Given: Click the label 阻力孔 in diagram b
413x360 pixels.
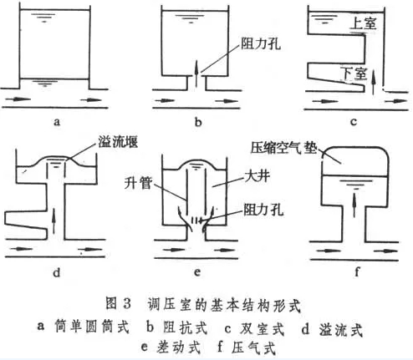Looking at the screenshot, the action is pyautogui.click(x=261, y=43).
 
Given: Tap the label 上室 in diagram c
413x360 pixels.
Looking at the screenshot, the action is pyautogui.click(x=364, y=23).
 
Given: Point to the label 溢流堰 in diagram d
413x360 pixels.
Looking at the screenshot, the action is pyautogui.click(x=118, y=142).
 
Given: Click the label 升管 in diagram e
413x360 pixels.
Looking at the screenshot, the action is pyautogui.click(x=139, y=183).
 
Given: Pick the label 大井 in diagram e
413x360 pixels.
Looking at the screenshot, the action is pyautogui.click(x=257, y=176).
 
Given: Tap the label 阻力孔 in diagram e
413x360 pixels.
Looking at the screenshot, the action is pyautogui.click(x=263, y=210).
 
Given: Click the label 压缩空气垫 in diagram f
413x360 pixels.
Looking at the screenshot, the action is pyautogui.click(x=284, y=148).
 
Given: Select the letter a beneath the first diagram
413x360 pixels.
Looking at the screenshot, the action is pyautogui.click(x=57, y=122).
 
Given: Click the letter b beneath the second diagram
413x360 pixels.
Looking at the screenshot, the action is pyautogui.click(x=198, y=122).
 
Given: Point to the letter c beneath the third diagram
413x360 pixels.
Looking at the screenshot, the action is pyautogui.click(x=354, y=122).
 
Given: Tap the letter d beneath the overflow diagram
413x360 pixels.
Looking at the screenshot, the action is pyautogui.click(x=57, y=272).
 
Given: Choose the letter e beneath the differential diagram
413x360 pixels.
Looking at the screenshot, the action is pyautogui.click(x=197, y=272).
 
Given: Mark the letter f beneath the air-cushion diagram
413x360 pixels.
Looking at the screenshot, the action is pyautogui.click(x=357, y=271).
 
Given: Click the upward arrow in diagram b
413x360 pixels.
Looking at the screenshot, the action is pyautogui.click(x=196, y=74).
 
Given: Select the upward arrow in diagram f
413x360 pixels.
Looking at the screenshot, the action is pyautogui.click(x=354, y=205).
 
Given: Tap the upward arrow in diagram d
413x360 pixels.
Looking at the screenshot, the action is pyautogui.click(x=54, y=222).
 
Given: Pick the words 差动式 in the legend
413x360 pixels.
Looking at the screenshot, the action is pyautogui.click(x=179, y=347).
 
